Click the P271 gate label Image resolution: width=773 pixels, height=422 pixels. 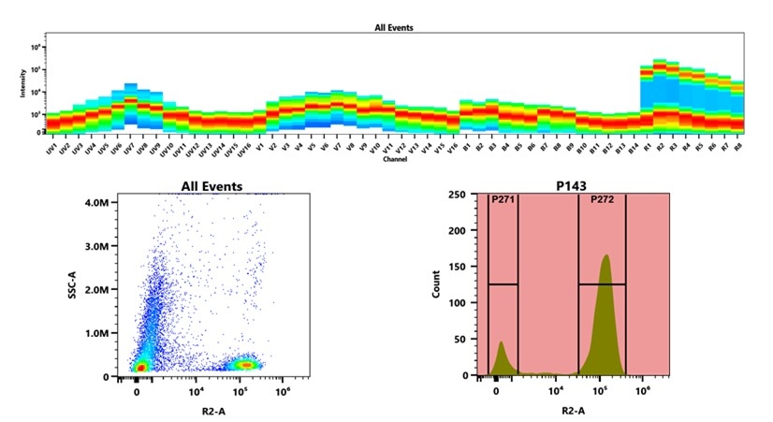tap(503, 199)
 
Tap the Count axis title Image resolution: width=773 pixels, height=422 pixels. tap(435, 285)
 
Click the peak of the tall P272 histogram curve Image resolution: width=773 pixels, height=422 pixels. tap(606, 255)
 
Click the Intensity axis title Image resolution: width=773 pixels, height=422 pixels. tap(23, 86)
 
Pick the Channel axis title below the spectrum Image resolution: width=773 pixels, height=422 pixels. tap(394, 160)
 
